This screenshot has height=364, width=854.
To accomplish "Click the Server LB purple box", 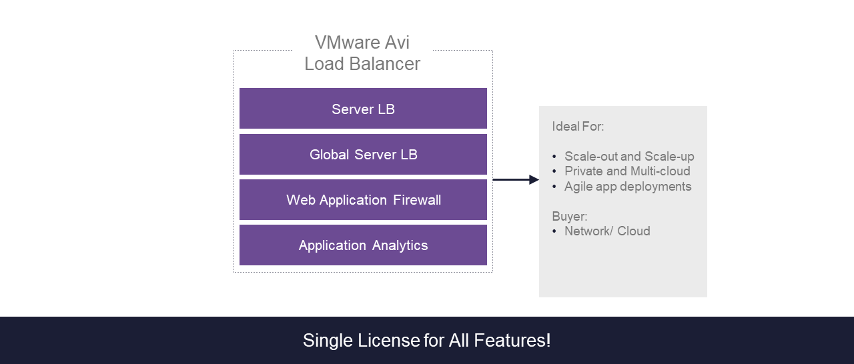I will (363, 109).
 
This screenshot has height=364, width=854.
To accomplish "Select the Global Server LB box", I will (363, 155).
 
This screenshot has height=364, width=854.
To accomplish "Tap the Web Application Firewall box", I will (363, 200).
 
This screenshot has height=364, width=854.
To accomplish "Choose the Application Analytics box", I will (363, 245).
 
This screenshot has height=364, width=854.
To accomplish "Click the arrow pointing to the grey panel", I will (515, 179).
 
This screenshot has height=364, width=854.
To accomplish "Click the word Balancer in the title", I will (388, 64).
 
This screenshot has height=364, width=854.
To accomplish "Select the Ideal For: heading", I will (578, 127).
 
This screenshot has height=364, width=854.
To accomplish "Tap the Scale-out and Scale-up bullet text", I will (629, 157).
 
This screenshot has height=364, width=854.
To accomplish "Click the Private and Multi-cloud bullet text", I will (627, 171).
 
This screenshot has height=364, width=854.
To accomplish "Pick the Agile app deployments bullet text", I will (628, 187).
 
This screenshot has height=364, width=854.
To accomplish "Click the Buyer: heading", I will (570, 216).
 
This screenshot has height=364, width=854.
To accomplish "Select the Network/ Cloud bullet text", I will (607, 231).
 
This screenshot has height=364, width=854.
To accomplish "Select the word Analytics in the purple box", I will (400, 245).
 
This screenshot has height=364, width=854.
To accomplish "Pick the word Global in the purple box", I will (329, 155).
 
